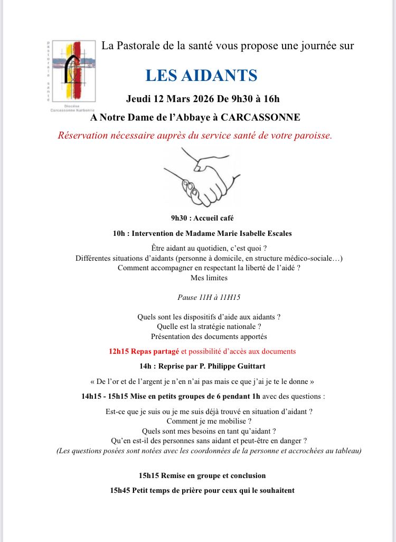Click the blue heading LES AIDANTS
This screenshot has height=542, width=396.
201,76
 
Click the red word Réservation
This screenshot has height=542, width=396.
84,135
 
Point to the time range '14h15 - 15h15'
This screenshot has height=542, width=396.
105,396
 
